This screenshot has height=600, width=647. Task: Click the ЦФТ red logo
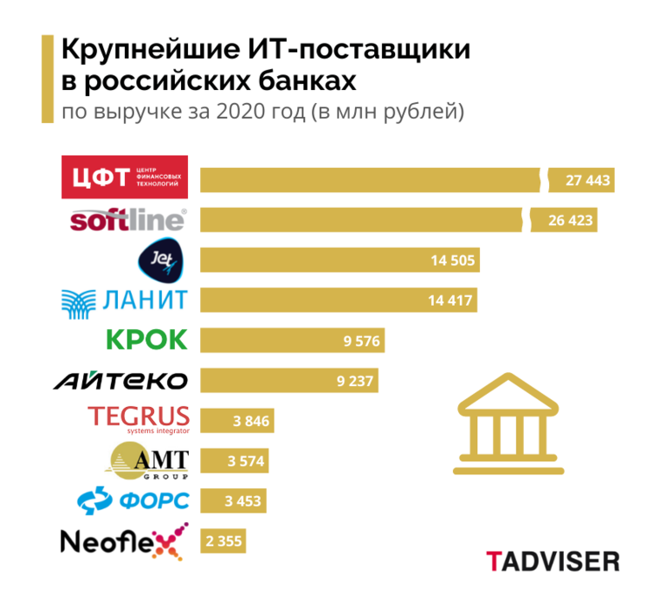coord(128,178)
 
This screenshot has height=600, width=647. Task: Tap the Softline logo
coord(128,219)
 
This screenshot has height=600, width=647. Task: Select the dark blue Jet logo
coord(163,259)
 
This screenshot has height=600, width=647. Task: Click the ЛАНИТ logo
coord(125,300)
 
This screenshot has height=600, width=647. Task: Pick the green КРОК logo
coord(146,339)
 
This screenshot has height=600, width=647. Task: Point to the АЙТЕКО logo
coord(121,381)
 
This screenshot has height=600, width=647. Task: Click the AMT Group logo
coord(147,460)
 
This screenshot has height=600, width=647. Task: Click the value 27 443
coord(586,181)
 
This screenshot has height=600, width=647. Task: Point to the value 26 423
coord(571,220)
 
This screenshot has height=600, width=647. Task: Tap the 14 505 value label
coord(452,260)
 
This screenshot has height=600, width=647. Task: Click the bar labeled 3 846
coord(237,421)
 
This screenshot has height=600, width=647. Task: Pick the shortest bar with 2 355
coord(223,541)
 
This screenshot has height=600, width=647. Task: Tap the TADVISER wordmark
coord(553,560)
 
